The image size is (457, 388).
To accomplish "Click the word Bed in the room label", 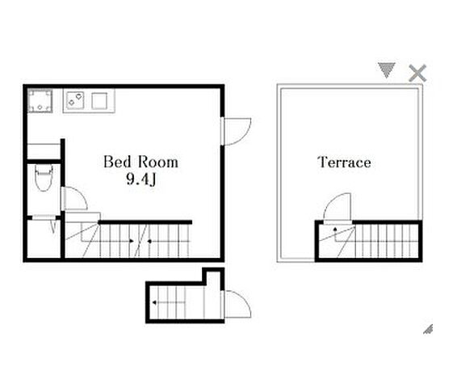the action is point(117,162).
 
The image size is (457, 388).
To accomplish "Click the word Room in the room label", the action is point(158,162).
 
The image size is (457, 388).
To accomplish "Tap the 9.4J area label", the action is point(141,179).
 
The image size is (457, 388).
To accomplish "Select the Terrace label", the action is point(344,162).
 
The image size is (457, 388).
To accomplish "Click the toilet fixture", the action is point(44,178).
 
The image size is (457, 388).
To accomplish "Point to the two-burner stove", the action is point(75,100).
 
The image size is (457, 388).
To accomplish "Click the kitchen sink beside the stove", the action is point(99,101).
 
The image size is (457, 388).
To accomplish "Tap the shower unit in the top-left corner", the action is point(40,101).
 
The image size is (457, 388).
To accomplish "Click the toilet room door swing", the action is point(74,198).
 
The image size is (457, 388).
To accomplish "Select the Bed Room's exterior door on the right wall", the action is point(236,131).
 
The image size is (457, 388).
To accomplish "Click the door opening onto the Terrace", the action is point(338,209).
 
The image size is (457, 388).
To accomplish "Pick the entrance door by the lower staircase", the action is point(236,304).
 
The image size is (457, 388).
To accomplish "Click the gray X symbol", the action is point(417,73).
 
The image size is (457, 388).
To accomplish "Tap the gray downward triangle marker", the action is point(387,70).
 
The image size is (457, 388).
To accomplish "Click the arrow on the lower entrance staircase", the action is point(169,302).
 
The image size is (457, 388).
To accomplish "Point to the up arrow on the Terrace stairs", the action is point(335,234).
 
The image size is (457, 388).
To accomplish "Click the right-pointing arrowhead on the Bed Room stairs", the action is point(132,241).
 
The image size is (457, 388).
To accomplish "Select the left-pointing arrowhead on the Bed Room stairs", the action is point(149,241).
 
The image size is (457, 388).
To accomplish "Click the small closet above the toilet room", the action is point(44,151).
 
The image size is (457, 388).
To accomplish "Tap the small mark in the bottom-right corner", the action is point(428,329).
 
